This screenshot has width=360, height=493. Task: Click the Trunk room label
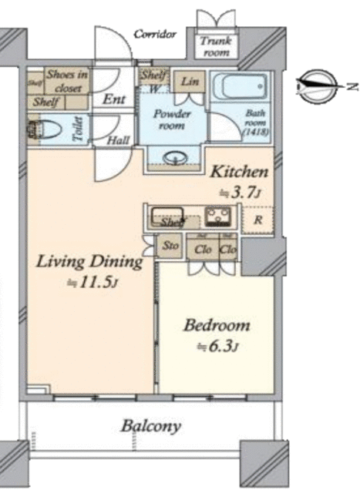tap(215, 48)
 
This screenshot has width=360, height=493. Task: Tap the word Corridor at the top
tap(156, 35)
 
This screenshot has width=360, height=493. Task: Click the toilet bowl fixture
tap(51, 130)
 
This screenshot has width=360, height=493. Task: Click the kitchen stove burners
tap(217, 214)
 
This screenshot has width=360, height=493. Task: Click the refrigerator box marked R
tap(257, 220)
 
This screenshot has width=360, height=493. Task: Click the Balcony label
tap(150, 425)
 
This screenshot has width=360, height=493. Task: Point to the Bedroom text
tap(217, 325)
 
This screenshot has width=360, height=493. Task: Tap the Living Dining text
tap(90, 262)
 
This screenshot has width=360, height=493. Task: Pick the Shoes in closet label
tap(67, 79)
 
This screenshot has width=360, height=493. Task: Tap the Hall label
tap(118, 140)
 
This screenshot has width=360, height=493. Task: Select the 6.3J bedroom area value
tap(217, 346)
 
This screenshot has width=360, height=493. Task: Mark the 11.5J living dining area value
tap(91, 283)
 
